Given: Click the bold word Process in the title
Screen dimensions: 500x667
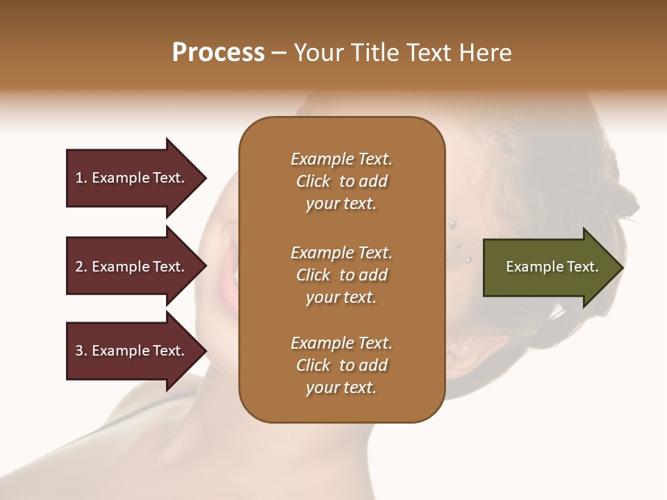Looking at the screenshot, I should [x=218, y=53].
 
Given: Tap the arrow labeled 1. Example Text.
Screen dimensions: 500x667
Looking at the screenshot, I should [x=132, y=178].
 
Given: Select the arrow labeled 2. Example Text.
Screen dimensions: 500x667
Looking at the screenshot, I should [x=132, y=267].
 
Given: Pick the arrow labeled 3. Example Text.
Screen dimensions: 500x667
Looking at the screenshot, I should [x=132, y=351].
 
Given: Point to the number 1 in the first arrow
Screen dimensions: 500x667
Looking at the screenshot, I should [x=79, y=178].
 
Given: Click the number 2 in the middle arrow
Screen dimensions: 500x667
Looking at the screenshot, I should [x=79, y=267].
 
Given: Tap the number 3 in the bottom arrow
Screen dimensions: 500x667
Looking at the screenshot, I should [x=79, y=351].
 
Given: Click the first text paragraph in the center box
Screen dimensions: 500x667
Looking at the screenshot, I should [x=341, y=181].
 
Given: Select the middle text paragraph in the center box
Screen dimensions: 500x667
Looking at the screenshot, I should [x=341, y=275].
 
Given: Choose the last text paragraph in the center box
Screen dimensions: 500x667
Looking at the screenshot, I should [x=341, y=365].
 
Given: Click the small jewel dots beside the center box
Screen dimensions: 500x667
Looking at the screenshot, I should [x=459, y=242].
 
